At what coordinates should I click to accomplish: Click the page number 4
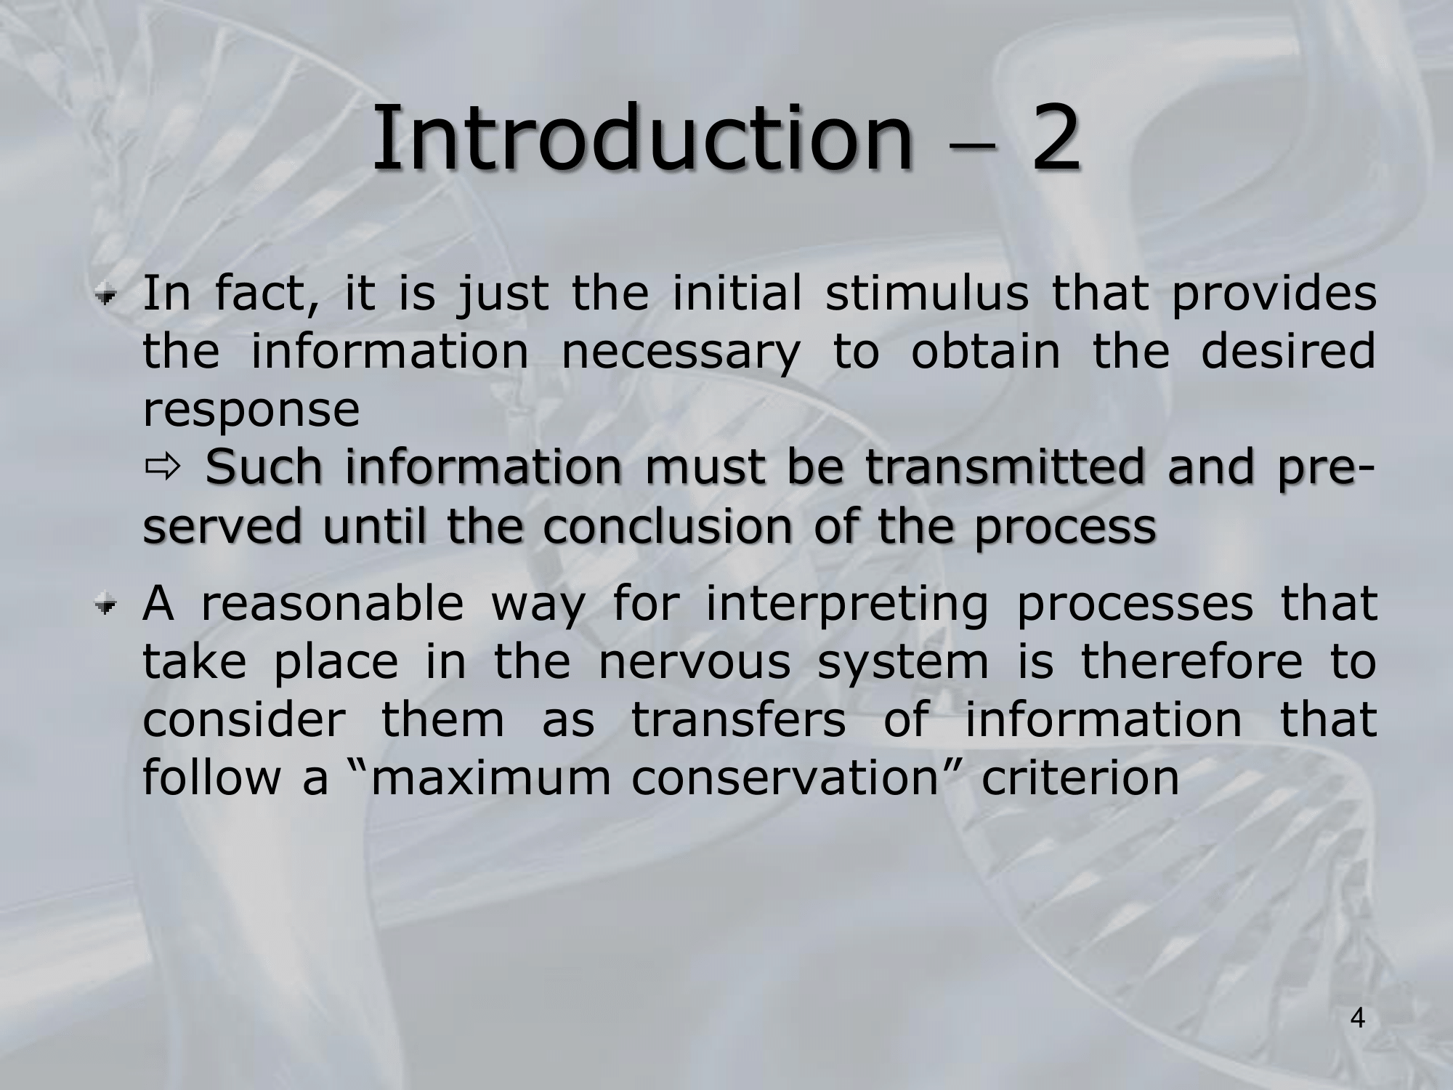click(1358, 1019)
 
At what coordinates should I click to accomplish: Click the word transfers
click(738, 719)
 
